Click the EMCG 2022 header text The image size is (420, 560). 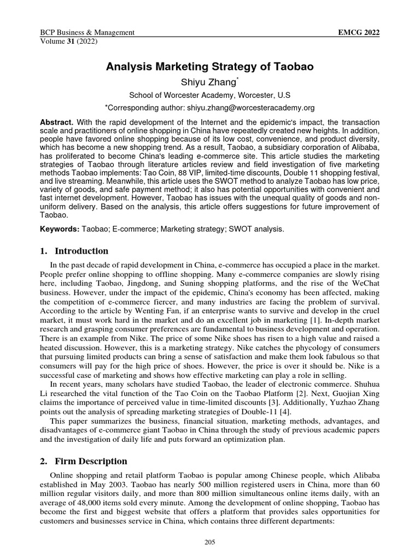tap(359, 33)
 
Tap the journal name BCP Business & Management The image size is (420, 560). tap(88, 33)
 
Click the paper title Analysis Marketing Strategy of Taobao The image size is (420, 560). tap(209, 67)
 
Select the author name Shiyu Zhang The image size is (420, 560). tap(209, 82)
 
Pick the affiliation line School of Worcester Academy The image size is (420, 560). tap(209, 95)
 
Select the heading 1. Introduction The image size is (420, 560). tap(74, 251)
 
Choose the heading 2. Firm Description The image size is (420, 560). tap(84, 461)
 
